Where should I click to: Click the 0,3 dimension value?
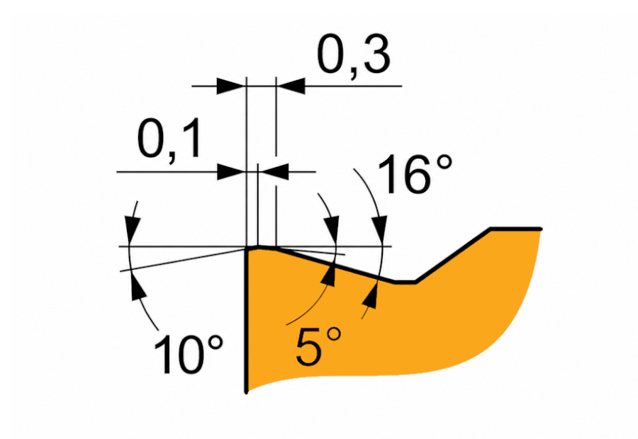point(354,56)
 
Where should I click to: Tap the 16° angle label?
point(415,174)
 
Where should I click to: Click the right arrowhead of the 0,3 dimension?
point(291,86)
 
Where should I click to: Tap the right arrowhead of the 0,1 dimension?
point(274,172)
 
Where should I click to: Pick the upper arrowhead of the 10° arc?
point(133,231)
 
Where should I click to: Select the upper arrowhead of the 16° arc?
point(380,231)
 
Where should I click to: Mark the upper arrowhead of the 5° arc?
point(332,231)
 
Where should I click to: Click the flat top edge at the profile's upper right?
point(516,229)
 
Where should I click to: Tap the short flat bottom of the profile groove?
point(405,281)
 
